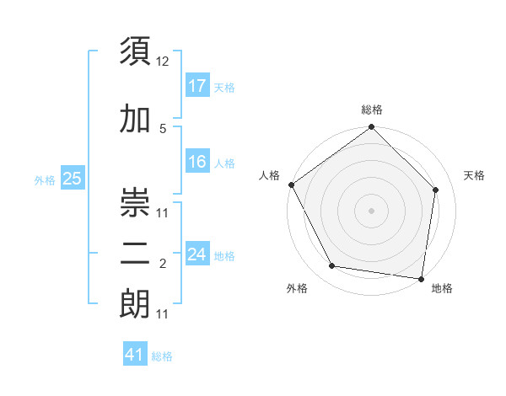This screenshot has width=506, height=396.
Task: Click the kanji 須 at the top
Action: click(135, 51)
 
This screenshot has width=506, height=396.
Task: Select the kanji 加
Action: click(135, 120)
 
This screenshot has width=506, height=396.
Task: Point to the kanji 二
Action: click(135, 256)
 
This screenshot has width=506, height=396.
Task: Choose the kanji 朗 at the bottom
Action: click(135, 305)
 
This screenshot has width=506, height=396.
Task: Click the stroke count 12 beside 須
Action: click(163, 61)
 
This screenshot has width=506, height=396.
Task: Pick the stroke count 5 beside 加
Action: click(163, 129)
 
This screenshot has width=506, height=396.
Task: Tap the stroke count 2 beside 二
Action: click(163, 265)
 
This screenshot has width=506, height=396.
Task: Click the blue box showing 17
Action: click(196, 86)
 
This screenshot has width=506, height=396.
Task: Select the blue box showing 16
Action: click(196, 162)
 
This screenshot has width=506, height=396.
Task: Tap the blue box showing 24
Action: click(196, 254)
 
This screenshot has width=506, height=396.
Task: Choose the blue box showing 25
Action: click(72, 179)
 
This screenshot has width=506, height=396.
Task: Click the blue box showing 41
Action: click(135, 355)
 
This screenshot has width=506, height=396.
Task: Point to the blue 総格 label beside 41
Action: click(162, 356)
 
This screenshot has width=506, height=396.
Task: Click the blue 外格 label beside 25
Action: click(45, 180)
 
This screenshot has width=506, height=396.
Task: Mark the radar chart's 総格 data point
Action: click(371, 127)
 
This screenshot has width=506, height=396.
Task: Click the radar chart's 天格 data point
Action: click(436, 190)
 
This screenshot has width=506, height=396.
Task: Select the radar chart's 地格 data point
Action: click(421, 278)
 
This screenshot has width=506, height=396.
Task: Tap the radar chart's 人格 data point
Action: click(291, 185)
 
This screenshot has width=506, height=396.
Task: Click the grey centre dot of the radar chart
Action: click(371, 210)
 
